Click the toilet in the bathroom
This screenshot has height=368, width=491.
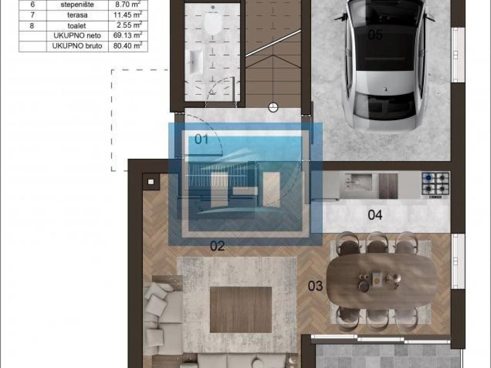point(213,19)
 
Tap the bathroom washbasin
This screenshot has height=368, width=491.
point(196,62)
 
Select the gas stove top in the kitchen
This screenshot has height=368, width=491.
point(435,185)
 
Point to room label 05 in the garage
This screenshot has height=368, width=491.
point(375,34)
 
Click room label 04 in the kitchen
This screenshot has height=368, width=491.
point(375,215)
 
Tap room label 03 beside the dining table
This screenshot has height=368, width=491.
point(315,286)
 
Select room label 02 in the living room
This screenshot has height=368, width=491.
point(217,246)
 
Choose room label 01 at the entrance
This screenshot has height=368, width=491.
point(201,139)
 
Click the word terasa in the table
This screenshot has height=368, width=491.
point(77,15)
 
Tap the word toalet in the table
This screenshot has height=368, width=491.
point(77,26)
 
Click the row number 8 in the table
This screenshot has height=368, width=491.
point(32,25)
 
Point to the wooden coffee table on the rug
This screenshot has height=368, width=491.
point(241,310)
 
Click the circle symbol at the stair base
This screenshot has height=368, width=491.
point(273,107)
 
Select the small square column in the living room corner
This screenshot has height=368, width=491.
point(151,182)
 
